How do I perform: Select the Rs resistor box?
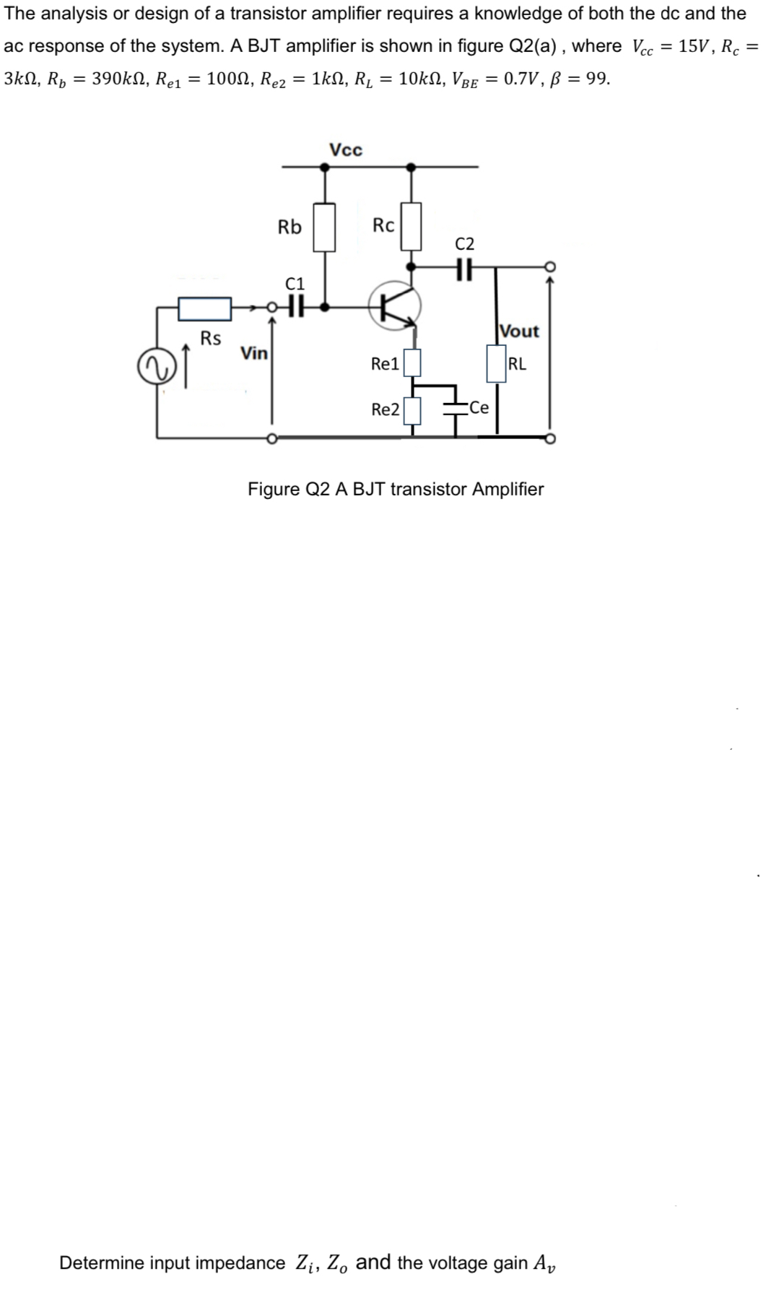point(205,308)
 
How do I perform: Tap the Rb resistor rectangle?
point(325,227)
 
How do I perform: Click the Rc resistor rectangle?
point(411,226)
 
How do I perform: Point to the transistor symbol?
point(394,306)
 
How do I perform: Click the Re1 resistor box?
point(412,363)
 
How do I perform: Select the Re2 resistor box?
point(412,410)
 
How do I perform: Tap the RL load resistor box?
point(496,363)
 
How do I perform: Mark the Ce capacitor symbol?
point(456,408)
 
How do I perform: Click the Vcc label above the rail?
point(346,150)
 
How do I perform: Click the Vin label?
point(254,353)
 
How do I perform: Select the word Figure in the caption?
point(274,489)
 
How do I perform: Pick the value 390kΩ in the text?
point(121,79)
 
